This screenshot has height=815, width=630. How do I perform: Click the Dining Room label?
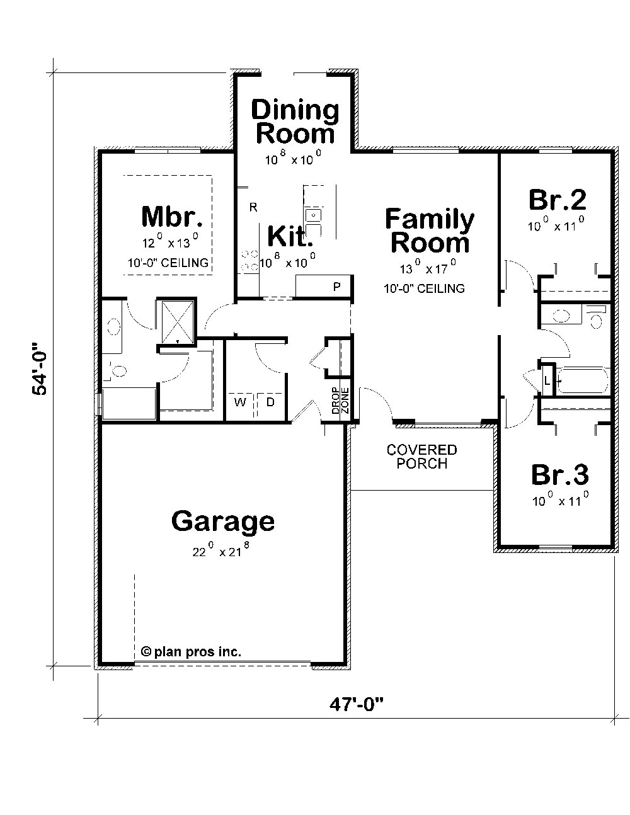tap(295, 122)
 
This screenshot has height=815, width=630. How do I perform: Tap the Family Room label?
tap(430, 231)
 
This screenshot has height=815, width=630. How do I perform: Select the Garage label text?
tap(223, 521)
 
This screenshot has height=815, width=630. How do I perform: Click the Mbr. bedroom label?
tap(172, 216)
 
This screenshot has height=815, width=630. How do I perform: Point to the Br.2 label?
tap(557, 200)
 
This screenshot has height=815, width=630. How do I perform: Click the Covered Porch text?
tap(421, 457)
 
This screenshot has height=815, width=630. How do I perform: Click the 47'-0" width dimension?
tap(357, 704)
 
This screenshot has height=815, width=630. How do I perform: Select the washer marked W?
tap(240, 402)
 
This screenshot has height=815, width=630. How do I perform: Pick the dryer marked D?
tap(270, 402)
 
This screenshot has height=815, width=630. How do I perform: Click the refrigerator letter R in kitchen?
tap(253, 207)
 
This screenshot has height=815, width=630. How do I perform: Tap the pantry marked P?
tap(337, 287)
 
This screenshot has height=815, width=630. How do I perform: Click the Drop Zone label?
tap(340, 401)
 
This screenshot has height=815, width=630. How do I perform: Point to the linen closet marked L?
tap(547, 380)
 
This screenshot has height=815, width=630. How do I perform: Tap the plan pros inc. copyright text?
tap(191, 652)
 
